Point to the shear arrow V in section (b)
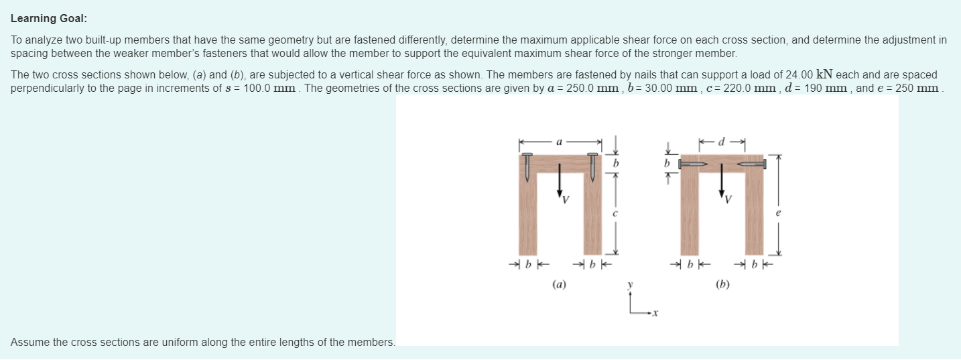[722, 181]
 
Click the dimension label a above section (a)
[560, 142]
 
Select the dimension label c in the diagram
[615, 213]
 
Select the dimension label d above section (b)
[722, 141]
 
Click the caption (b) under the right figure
[722, 284]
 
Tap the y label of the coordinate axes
[631, 285]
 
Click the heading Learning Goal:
[49, 19]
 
